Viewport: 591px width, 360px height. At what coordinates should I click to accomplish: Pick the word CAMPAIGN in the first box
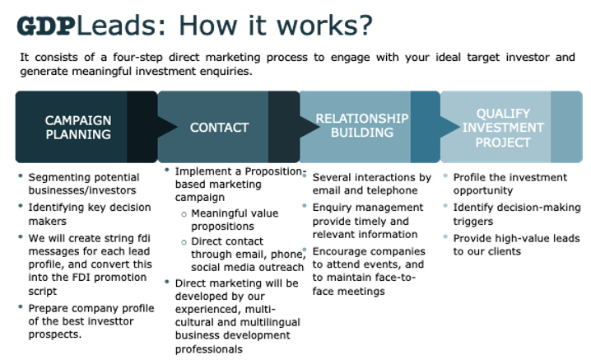78,120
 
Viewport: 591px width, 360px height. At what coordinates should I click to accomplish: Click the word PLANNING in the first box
78,134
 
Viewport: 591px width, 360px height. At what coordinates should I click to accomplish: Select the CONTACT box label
219,128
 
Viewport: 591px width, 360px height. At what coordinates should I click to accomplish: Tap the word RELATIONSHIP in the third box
362,119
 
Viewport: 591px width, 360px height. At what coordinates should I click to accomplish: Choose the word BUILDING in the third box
362,133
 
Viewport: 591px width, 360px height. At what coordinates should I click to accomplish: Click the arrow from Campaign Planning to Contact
168,127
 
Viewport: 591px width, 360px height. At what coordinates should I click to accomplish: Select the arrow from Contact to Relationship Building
309,127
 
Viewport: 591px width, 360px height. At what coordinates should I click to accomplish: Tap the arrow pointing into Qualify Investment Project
450,127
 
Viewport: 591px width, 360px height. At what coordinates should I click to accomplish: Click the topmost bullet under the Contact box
167,170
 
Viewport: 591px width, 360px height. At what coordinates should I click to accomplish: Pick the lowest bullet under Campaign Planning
21,306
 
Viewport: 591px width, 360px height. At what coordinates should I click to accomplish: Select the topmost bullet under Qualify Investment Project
445,175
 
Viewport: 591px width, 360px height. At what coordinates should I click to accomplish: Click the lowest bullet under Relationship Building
305,249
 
